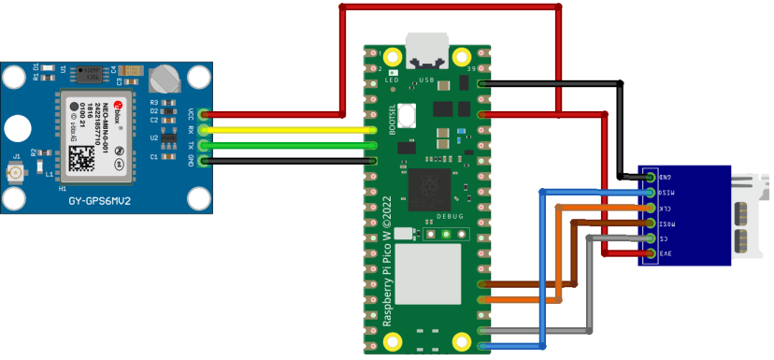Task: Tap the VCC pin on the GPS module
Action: [205, 115]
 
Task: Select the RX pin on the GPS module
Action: [205, 130]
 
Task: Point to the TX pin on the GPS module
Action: [205, 145]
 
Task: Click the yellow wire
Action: [290, 130]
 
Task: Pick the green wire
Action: [290, 145]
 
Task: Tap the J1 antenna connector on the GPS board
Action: [16, 174]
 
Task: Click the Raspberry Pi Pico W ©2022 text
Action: [386, 271]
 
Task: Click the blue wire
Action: [541, 271]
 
